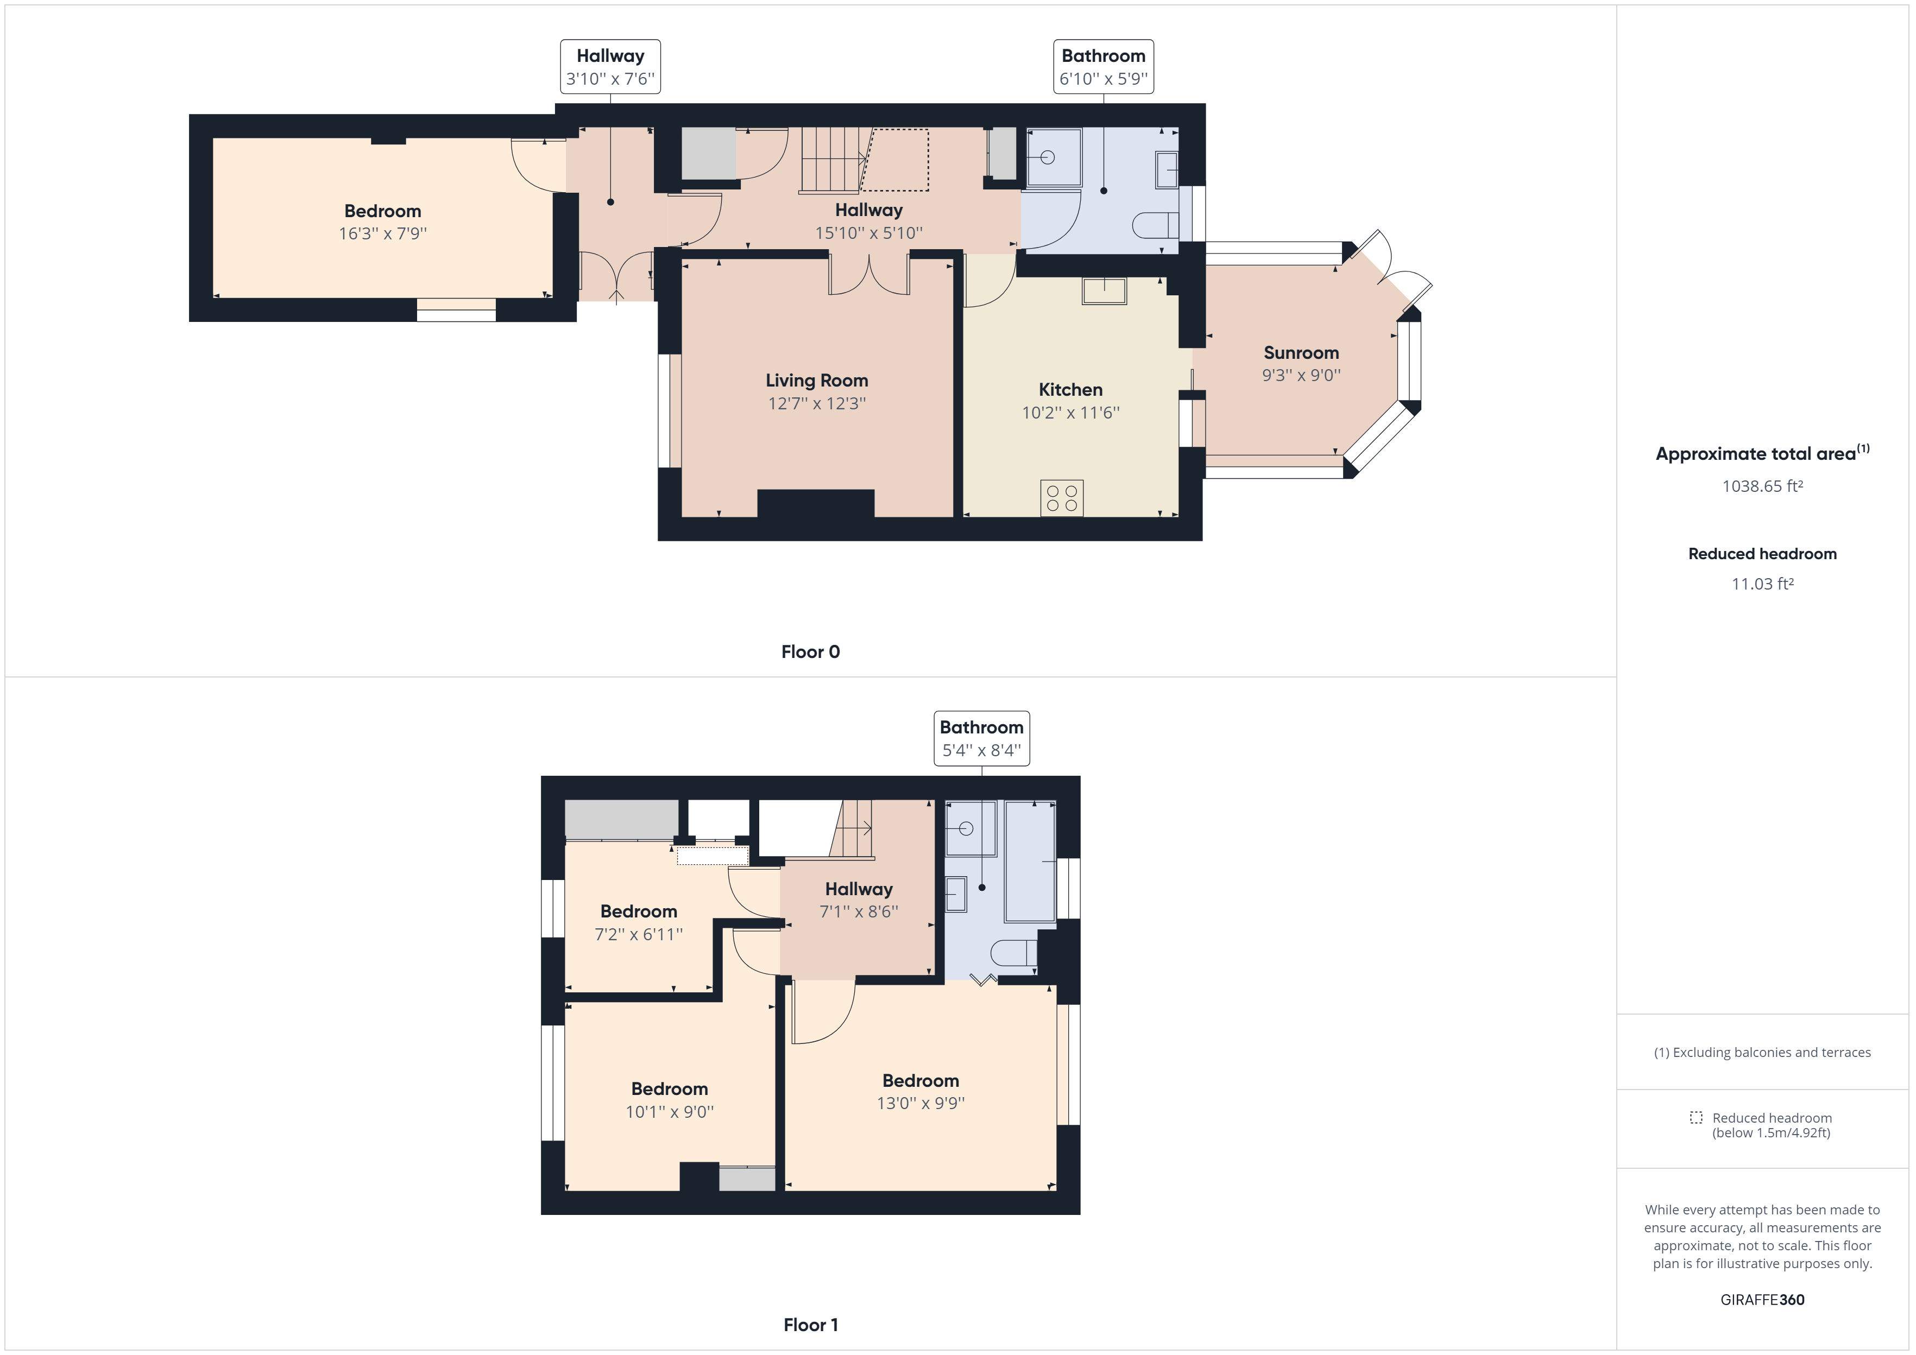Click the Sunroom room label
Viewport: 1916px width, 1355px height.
[x=1301, y=353]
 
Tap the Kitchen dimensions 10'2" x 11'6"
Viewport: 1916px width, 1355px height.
[x=1070, y=412]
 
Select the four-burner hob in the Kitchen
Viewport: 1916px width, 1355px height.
[x=1062, y=498]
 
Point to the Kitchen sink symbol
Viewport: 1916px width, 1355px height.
[x=1104, y=291]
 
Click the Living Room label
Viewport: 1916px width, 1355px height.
[x=817, y=381]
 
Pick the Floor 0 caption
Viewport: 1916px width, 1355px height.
[x=810, y=651]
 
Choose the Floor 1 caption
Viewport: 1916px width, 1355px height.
[x=810, y=1325]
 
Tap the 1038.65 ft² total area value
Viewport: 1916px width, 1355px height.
[x=1762, y=486]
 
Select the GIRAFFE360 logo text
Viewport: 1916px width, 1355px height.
[x=1762, y=1300]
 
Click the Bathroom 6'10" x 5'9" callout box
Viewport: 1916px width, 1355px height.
[x=1103, y=67]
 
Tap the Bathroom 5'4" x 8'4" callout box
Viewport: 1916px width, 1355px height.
[x=981, y=738]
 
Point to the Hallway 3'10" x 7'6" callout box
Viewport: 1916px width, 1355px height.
[x=610, y=67]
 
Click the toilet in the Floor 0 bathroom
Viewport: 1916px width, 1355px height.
[x=1156, y=225]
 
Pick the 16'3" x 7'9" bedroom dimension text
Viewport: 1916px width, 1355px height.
[x=382, y=233]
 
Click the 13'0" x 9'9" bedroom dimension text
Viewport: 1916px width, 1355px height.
[x=921, y=1103]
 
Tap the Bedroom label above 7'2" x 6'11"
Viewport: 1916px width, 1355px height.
[x=638, y=911]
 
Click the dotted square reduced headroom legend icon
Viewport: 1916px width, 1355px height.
[x=1696, y=1117]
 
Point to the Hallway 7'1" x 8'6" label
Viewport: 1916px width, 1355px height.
[x=859, y=889]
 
